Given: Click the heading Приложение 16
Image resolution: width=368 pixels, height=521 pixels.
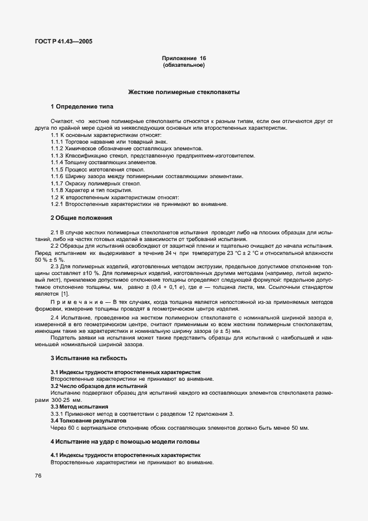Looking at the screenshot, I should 184,58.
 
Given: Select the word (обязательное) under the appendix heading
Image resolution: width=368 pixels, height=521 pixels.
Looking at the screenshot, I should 184,66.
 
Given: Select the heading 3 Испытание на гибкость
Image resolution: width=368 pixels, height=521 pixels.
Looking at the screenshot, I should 85,358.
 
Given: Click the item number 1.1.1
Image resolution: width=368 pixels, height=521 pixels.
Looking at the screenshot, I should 57,142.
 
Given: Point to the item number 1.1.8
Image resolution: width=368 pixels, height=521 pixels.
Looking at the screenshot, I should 57,190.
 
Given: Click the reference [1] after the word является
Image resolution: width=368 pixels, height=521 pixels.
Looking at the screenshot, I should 65,293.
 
